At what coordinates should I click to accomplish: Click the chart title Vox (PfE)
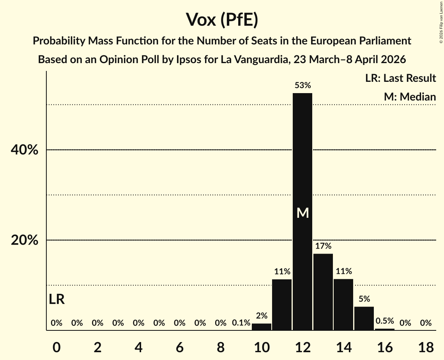(222, 19)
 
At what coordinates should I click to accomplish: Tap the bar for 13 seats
(323, 292)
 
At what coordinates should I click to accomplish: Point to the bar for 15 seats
(364, 318)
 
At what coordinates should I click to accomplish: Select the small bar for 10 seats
(262, 327)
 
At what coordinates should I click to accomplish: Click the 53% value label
(302, 85)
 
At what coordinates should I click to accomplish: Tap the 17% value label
(323, 246)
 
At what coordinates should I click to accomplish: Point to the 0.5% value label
(384, 321)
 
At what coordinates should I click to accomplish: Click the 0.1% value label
(241, 323)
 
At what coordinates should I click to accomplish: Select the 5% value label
(364, 299)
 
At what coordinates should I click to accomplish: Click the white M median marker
(302, 213)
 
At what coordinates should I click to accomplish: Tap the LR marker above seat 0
(57, 299)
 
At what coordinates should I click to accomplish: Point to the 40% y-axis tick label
(25, 150)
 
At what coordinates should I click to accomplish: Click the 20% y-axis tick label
(25, 240)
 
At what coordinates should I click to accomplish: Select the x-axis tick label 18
(426, 347)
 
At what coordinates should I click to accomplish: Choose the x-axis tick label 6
(179, 347)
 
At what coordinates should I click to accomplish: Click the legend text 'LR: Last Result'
(400, 78)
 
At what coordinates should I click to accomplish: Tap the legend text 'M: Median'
(410, 97)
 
